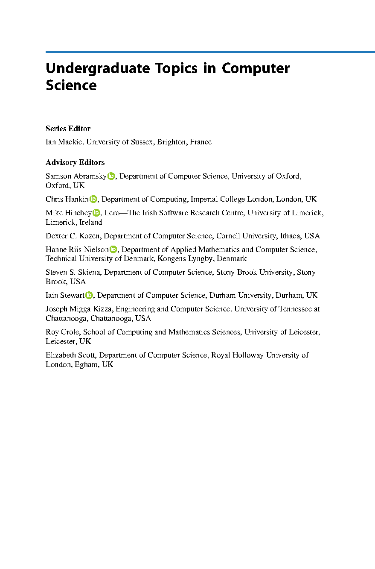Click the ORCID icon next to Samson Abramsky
111,176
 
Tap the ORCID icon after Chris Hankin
93,199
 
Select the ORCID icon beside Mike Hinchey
96,213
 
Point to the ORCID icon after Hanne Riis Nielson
113,249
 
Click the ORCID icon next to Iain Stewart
89,295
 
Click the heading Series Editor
68,129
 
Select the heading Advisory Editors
75,162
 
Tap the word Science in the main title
71,85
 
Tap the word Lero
113,213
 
